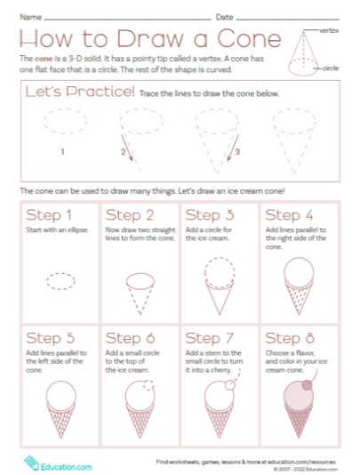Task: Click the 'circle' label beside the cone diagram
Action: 331,68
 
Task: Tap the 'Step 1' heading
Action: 50,215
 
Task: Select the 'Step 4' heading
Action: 289,215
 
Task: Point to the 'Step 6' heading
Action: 130,338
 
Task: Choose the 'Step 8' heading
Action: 289,338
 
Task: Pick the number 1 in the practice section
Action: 62,152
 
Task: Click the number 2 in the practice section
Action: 123,152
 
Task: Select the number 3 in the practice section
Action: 237,152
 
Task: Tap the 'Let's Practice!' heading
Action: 80,92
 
